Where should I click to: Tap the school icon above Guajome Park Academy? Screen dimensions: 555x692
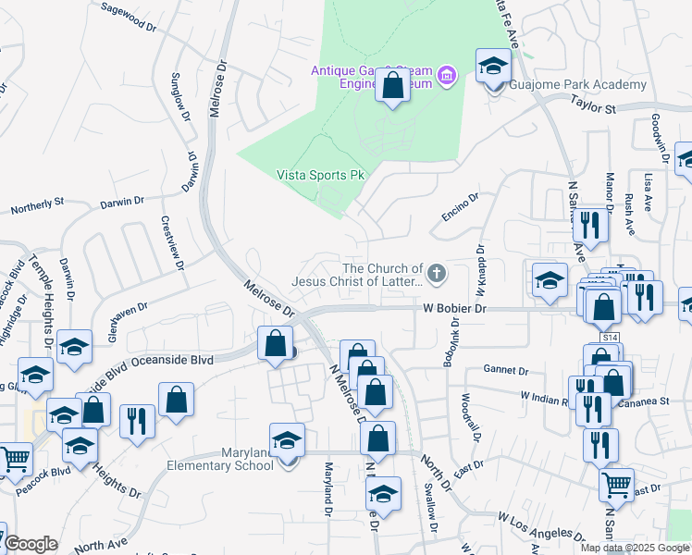click(x=493, y=67)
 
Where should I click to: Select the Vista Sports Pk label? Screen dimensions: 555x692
click(x=319, y=175)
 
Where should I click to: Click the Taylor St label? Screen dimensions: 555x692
click(x=593, y=106)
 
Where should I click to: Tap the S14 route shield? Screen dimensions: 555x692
click(x=609, y=339)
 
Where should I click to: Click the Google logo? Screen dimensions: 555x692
click(x=31, y=544)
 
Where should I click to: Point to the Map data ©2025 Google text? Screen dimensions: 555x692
click(x=634, y=548)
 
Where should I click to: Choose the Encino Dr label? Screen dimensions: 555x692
click(x=460, y=205)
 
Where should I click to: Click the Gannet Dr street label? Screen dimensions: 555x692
click(x=504, y=370)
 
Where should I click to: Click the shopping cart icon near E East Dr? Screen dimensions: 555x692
click(x=616, y=484)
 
